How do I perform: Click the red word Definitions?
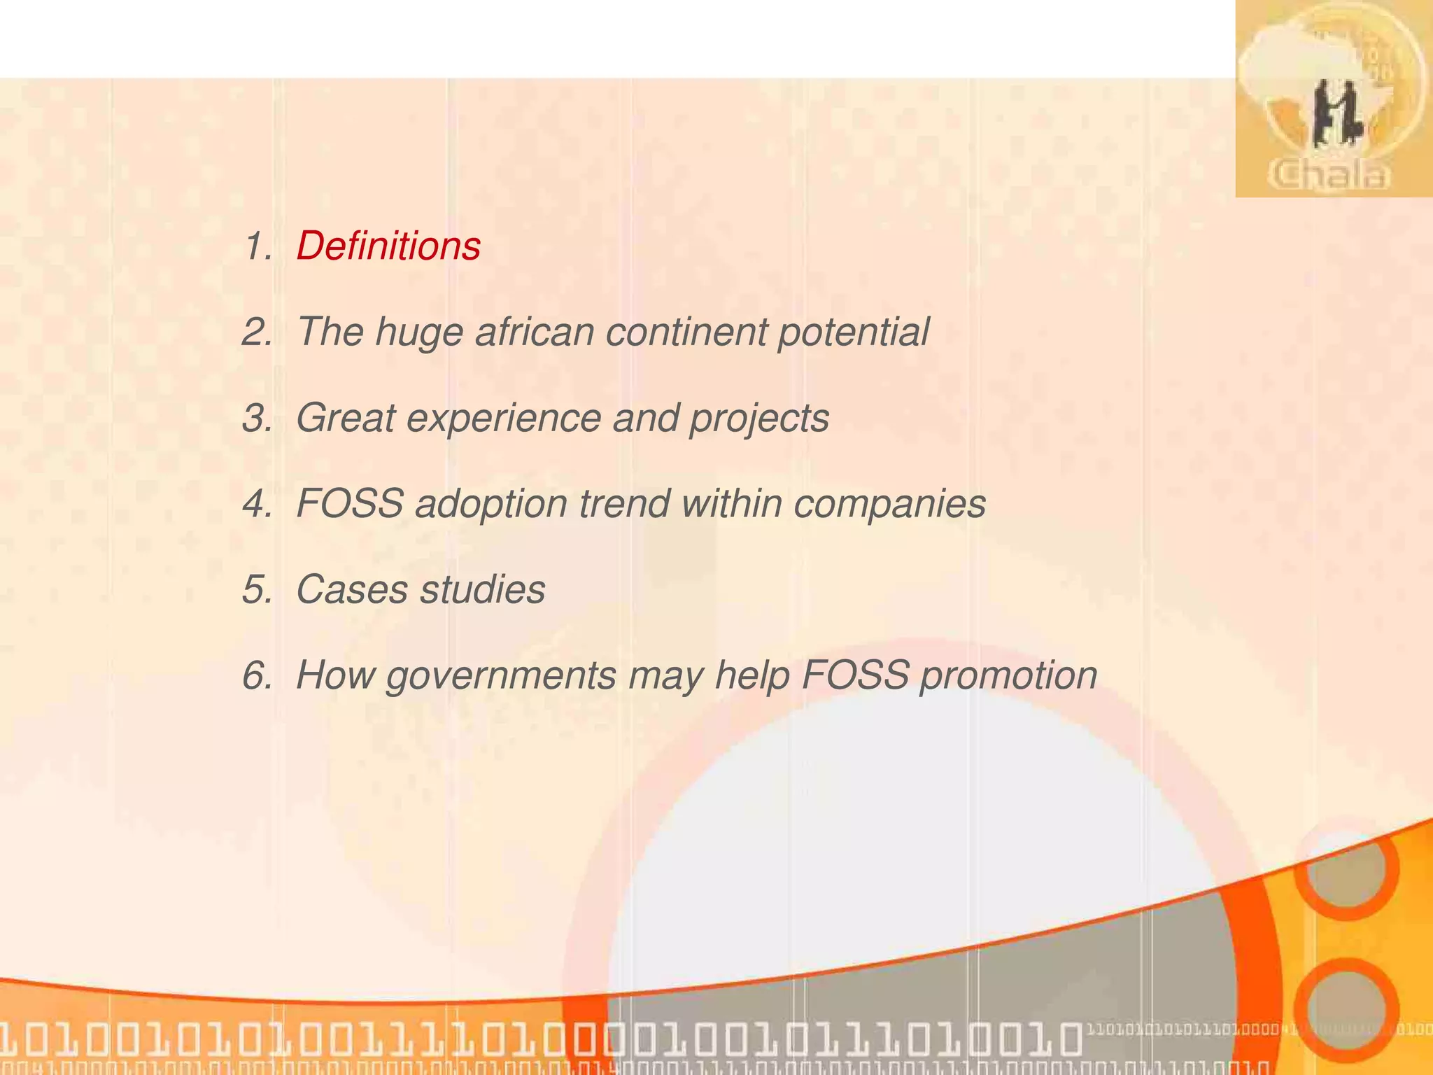click(388, 246)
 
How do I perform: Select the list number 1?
click(257, 246)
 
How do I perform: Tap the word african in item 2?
click(535, 332)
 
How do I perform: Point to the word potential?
click(853, 333)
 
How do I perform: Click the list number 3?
click(257, 419)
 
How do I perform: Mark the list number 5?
click(257, 589)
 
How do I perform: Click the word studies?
click(482, 589)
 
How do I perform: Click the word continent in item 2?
click(686, 332)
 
